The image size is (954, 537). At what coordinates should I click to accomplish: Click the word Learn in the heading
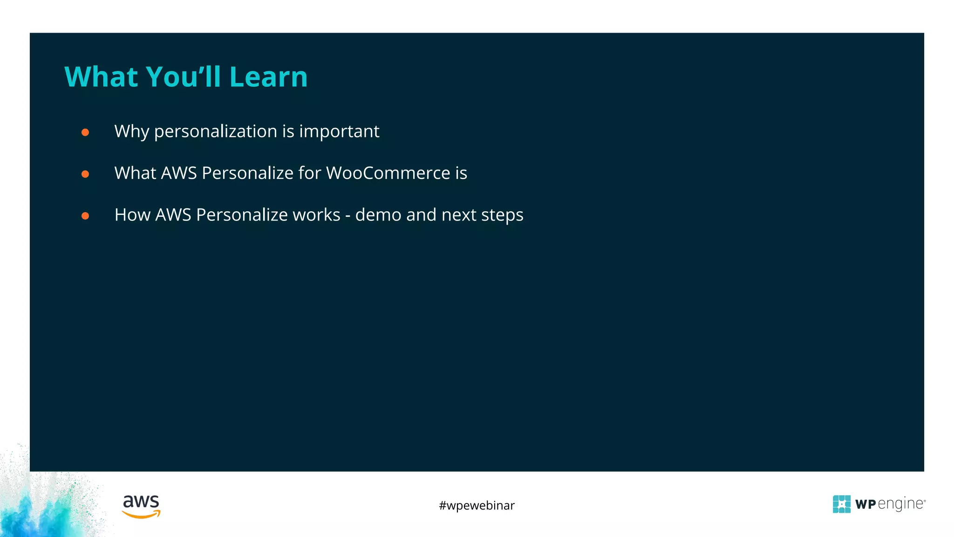[x=268, y=77]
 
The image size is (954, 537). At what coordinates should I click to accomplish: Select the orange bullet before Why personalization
[x=85, y=132]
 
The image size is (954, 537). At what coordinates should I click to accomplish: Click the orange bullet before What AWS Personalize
[x=85, y=174]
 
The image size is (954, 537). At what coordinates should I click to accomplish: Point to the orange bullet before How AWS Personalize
[x=85, y=216]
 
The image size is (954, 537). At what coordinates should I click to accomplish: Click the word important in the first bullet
[x=339, y=132]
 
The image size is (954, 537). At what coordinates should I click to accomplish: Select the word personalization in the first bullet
[x=216, y=132]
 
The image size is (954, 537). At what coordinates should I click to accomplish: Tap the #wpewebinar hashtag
[x=477, y=505]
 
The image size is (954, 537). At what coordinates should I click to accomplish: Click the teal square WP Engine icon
[x=841, y=504]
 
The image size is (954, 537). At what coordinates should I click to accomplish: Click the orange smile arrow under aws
[x=141, y=515]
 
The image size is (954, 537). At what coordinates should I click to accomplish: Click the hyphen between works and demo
[x=348, y=216]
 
